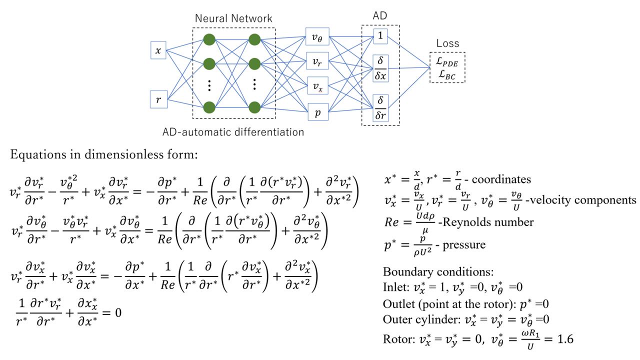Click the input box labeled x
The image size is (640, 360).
158,50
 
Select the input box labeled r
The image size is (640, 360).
158,99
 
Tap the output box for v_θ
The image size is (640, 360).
317,36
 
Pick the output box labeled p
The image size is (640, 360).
317,112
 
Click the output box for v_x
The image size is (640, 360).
317,86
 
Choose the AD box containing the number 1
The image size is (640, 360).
380,36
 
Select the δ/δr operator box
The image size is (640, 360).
380,109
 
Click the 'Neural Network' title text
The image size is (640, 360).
233,18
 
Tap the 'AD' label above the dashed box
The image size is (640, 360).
380,16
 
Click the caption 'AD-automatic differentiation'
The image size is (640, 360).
233,132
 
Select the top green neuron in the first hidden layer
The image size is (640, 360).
209,39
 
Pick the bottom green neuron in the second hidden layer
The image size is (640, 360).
254,107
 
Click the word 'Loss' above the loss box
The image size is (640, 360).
447,43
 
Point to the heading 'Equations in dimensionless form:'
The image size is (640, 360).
103,155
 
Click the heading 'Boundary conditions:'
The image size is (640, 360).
438,272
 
